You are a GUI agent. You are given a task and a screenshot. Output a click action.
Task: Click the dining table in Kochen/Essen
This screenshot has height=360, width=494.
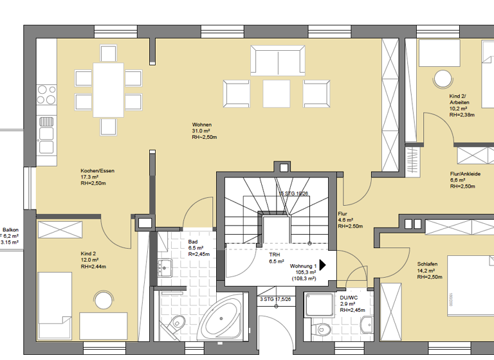(x=108, y=90)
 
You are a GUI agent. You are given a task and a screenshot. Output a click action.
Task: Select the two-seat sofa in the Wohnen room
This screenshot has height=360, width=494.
(x=278, y=61)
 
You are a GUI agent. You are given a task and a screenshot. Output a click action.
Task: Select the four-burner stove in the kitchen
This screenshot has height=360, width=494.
(x=46, y=94)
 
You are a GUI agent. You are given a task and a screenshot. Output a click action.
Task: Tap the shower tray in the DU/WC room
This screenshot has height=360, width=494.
(x=320, y=306)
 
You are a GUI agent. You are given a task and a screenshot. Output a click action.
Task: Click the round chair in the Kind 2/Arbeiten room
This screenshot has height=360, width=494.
(x=442, y=79)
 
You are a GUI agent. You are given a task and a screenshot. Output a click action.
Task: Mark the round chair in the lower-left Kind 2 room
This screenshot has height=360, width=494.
(x=102, y=300)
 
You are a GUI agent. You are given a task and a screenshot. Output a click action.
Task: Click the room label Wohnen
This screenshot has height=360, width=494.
(x=201, y=125)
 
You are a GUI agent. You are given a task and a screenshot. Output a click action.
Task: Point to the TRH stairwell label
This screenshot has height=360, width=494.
(x=275, y=255)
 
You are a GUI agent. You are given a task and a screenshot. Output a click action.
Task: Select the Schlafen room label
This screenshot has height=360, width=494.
(x=427, y=264)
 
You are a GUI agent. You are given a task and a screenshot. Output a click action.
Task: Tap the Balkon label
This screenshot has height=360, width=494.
(x=10, y=230)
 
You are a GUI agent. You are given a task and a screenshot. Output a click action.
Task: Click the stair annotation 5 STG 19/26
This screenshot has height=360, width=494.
(x=294, y=193)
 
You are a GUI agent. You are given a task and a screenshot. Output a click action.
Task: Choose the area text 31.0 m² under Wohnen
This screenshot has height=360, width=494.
(x=202, y=131)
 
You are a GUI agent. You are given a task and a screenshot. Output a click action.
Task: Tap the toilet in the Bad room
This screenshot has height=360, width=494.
(x=176, y=323)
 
